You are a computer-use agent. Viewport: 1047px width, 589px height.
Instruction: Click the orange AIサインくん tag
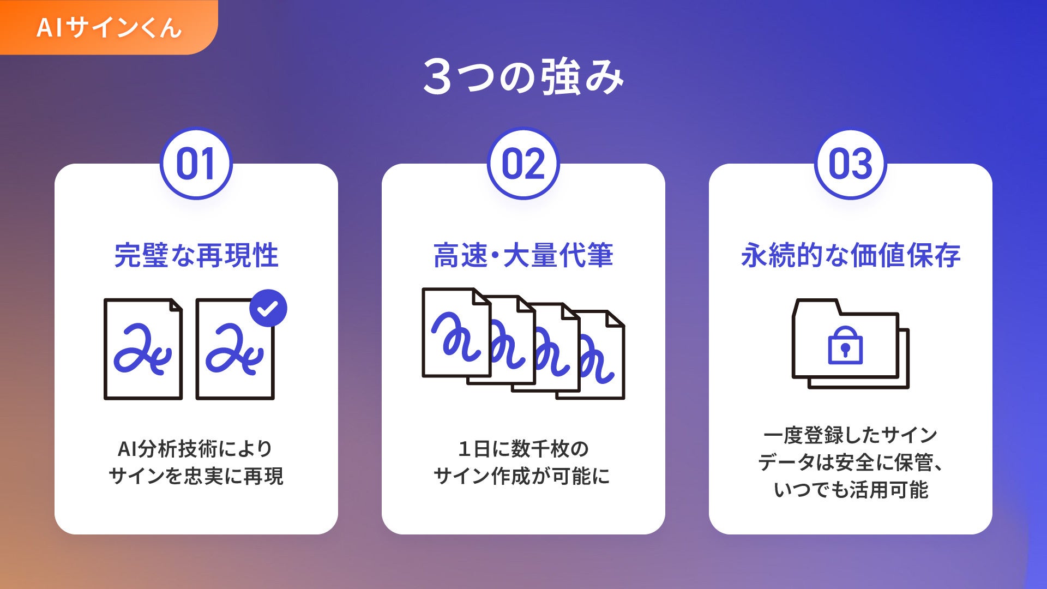coord(109,27)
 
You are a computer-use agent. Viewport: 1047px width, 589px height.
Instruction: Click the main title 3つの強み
coord(523,77)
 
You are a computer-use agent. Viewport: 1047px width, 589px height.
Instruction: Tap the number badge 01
coord(196,164)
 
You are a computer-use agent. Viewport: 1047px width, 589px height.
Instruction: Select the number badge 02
coord(523,164)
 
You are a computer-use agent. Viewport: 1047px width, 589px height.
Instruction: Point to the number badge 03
coord(850,164)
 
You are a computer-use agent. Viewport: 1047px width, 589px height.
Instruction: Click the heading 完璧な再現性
coord(196,255)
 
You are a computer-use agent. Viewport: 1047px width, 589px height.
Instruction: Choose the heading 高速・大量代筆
coord(523,255)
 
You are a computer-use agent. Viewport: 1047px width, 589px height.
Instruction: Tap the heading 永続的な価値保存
coord(850,255)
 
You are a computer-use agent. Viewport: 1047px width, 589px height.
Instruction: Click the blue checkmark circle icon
coord(268,308)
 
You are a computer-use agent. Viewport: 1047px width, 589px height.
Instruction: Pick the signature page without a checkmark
coord(143,349)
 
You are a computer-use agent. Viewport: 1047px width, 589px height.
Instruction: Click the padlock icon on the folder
coord(845,345)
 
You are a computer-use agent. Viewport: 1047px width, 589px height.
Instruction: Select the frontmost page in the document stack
coord(456,333)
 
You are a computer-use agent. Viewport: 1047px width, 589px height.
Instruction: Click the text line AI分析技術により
coord(196,449)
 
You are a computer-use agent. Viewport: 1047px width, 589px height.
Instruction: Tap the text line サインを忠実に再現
coord(196,476)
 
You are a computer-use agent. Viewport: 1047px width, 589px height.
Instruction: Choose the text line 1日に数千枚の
coord(523,449)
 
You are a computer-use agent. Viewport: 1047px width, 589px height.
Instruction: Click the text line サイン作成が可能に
coord(522,476)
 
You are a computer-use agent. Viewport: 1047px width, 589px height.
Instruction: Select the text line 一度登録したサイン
coord(850,435)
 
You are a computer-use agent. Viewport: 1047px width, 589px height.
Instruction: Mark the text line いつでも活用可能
coord(850,490)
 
